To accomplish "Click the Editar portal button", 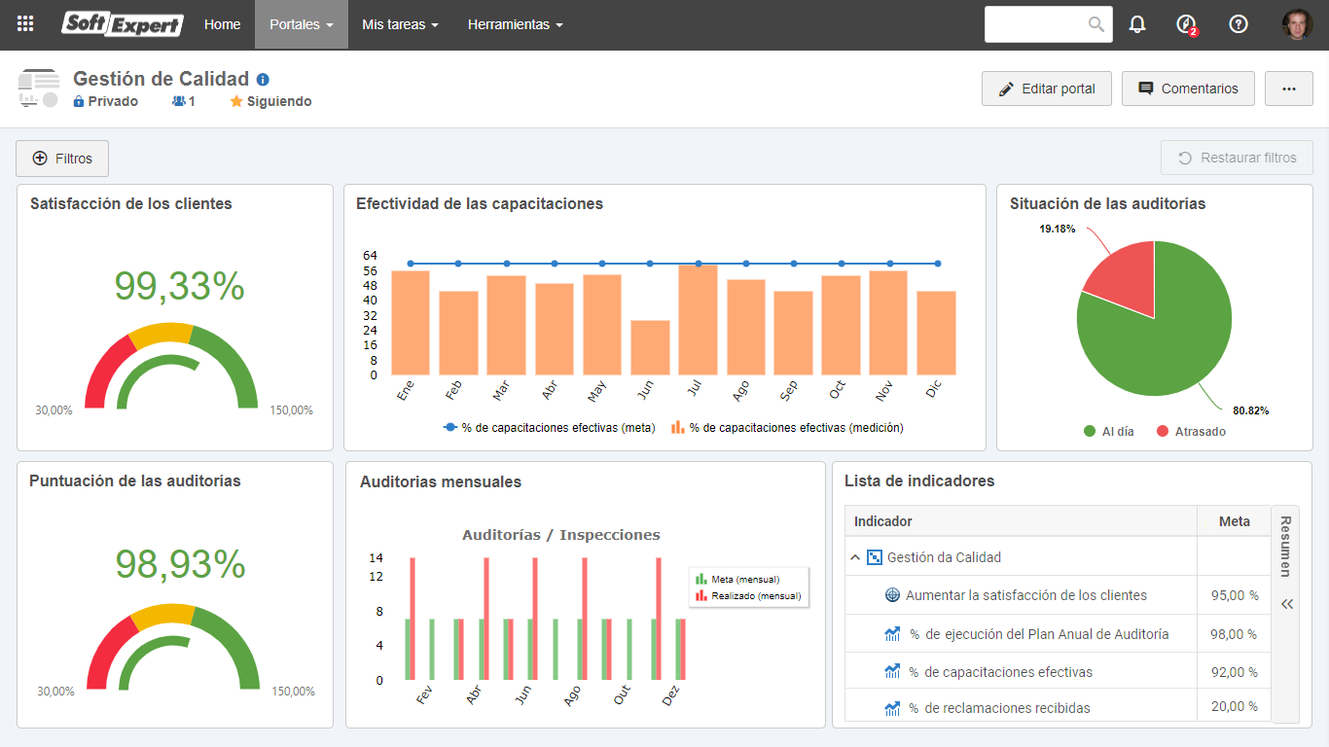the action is click(x=1047, y=89).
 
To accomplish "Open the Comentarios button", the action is click(x=1188, y=89).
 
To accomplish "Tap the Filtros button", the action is click(x=62, y=159).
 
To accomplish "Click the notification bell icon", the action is click(x=1136, y=24).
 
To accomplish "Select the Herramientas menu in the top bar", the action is click(x=515, y=24).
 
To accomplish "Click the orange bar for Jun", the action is click(x=650, y=347).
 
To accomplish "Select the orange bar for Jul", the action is click(x=698, y=320).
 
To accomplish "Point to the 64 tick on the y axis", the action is click(x=370, y=255).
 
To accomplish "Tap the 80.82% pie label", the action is click(x=1251, y=410).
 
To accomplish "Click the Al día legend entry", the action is click(x=1108, y=431).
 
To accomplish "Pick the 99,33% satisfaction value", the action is click(x=179, y=286).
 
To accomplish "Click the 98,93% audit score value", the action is click(x=180, y=564).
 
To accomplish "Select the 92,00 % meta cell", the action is click(x=1234, y=672).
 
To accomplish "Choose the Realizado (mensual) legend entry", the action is click(x=749, y=595).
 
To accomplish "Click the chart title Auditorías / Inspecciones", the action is click(x=560, y=535).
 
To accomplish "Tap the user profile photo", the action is click(x=1297, y=24).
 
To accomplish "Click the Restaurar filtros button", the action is click(x=1237, y=158).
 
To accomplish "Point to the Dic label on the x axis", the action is click(x=934, y=389).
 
